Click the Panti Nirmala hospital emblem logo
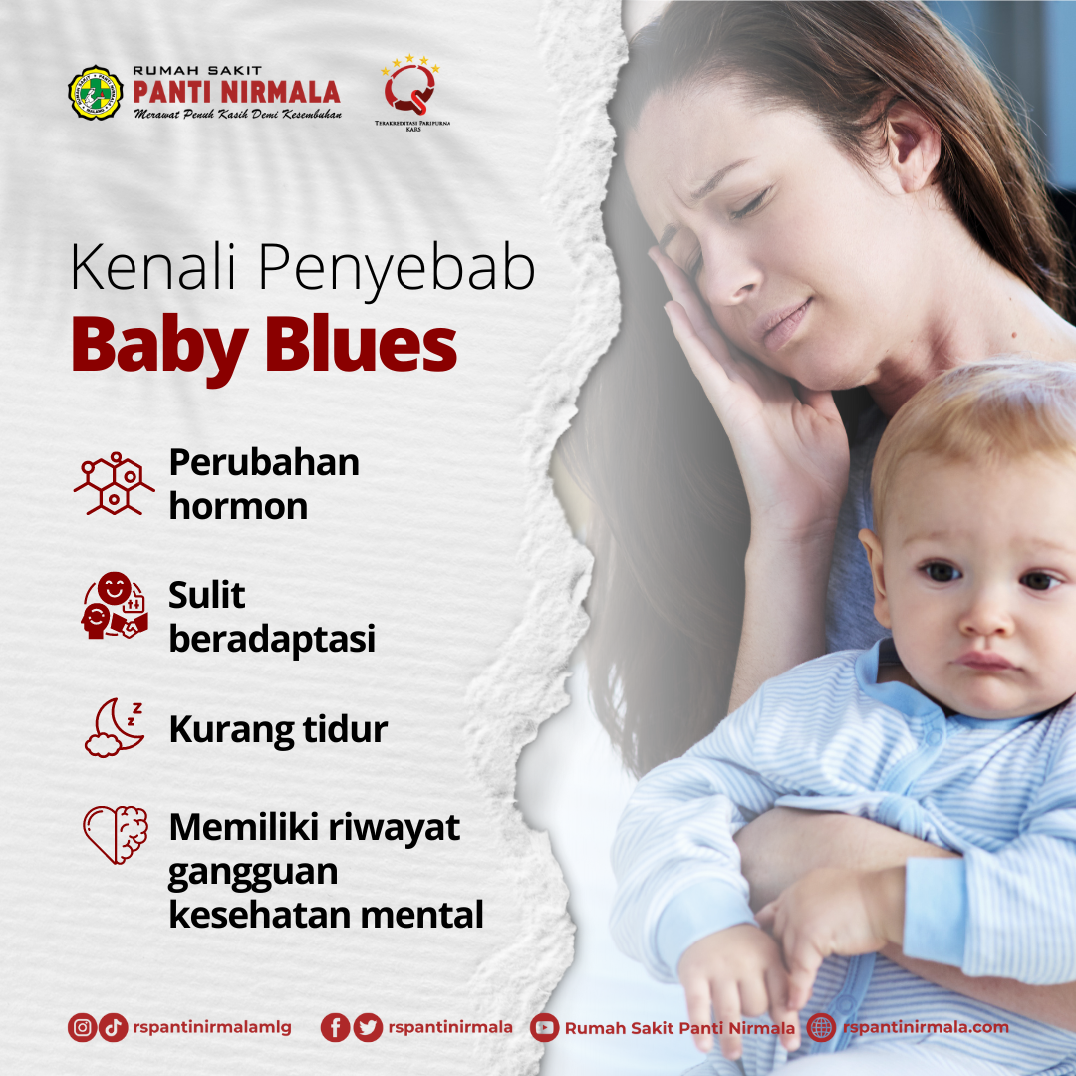95,93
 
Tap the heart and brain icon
115,834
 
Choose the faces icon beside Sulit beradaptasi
114,606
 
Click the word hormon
238,506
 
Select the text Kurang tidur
278,729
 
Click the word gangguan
252,872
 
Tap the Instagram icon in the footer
82,1027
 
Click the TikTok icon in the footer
114,1027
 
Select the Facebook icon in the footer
335,1027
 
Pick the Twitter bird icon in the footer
368,1027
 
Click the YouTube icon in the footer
544,1027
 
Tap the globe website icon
821,1027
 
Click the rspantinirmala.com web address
925,1027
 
